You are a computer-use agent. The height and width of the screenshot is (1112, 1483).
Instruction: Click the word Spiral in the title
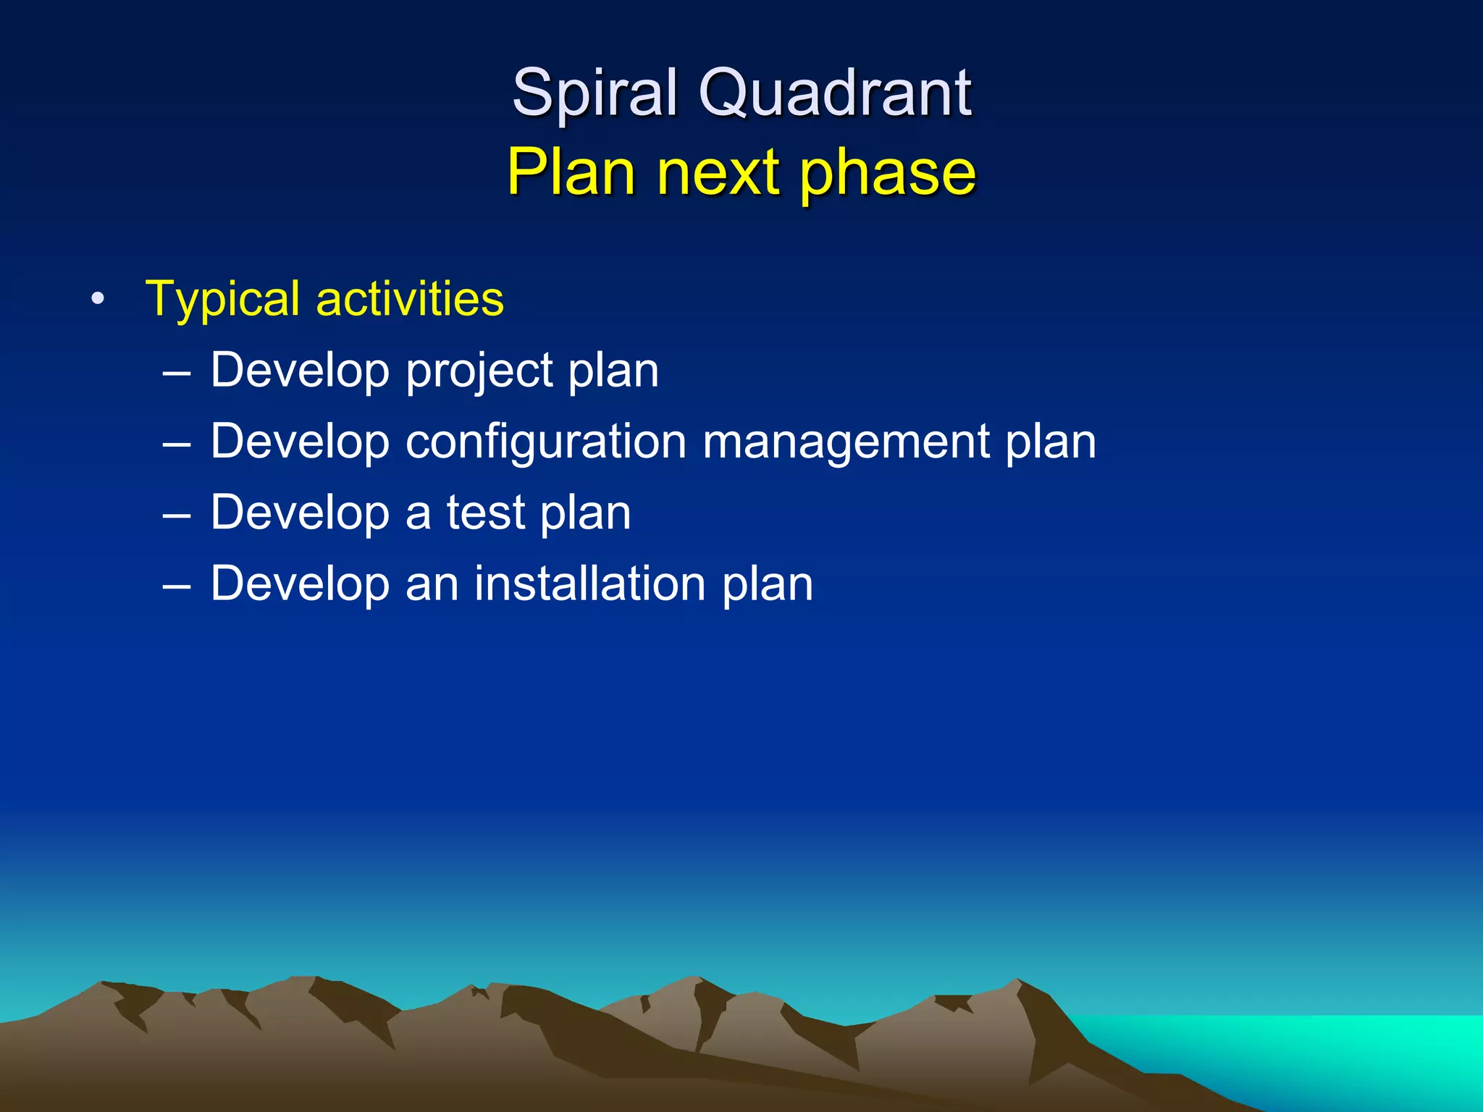point(595,94)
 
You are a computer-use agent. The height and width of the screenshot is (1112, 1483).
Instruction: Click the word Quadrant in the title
point(834,94)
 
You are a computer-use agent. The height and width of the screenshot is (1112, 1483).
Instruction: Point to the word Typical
point(222,300)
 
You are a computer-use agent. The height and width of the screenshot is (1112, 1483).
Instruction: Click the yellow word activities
point(410,298)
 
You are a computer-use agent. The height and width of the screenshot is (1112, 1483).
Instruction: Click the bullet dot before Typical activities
point(98,299)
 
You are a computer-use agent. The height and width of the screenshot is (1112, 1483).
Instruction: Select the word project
point(478,371)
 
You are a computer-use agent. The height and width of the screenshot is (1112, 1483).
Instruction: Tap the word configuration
point(545,442)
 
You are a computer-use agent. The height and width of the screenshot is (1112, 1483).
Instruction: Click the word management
point(845,442)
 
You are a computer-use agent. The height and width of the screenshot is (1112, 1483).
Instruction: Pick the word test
point(485,513)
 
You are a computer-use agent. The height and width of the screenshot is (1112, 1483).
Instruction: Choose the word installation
point(589,584)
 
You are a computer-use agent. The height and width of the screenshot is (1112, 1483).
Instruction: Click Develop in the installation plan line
point(300,584)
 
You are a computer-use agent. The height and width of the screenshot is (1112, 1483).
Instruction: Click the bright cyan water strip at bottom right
point(1303,1042)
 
